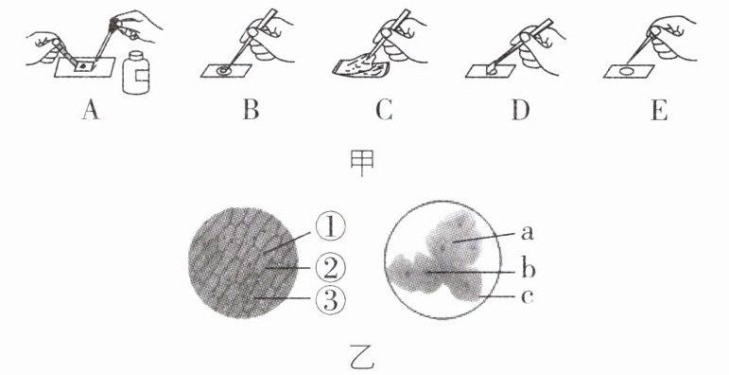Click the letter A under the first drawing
[91, 111]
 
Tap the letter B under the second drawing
[251, 111]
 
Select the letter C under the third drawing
[385, 111]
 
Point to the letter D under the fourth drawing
[521, 111]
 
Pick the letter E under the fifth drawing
[659, 111]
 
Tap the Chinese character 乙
[363, 360]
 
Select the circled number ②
[330, 267]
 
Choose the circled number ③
[330, 300]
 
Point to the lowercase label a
[527, 232]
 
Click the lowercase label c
[527, 296]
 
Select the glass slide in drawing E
[629, 71]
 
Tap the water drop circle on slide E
[628, 72]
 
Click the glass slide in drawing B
[226, 71]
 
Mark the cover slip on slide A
[85, 66]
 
